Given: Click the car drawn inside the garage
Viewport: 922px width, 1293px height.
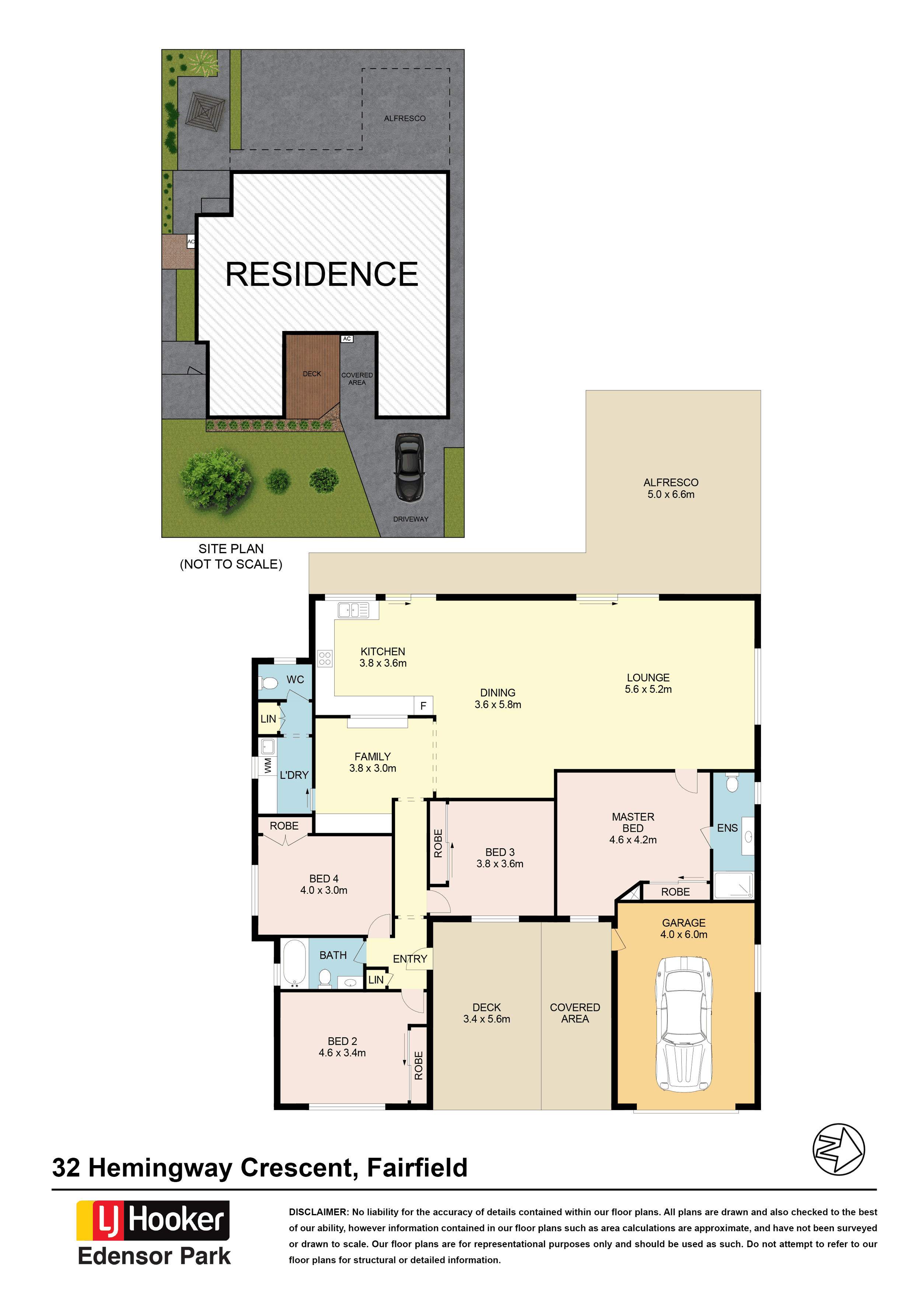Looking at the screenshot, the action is [684, 1024].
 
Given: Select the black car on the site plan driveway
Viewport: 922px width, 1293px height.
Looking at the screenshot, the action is [409, 467].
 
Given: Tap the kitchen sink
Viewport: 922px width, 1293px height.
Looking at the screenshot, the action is [353, 610].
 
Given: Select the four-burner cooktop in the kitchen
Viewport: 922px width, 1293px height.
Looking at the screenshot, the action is [325, 658].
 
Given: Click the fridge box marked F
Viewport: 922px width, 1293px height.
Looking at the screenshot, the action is [423, 706].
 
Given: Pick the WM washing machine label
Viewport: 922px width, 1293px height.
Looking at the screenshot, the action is [268, 766].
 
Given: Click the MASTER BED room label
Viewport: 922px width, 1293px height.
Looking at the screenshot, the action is [633, 822].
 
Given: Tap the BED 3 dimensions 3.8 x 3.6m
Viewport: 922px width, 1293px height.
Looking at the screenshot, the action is [500, 864].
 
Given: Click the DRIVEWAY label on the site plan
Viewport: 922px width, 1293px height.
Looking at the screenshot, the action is [411, 519].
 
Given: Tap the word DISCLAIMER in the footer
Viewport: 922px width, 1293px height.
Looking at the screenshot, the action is [318, 1212].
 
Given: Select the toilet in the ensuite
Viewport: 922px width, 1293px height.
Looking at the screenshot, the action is [732, 783].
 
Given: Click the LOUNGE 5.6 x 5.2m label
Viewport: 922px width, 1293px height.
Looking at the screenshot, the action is [648, 683].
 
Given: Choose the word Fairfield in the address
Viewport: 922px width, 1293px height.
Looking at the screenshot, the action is [417, 1168].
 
